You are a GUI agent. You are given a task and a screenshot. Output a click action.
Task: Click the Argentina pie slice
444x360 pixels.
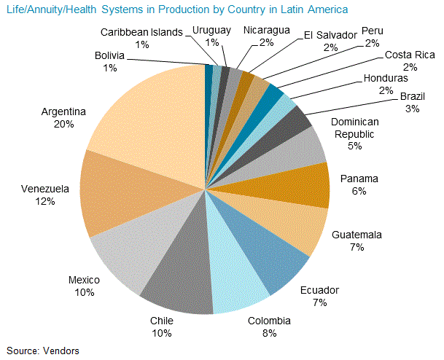146,117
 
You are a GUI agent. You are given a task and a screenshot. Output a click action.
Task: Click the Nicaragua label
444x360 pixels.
266,31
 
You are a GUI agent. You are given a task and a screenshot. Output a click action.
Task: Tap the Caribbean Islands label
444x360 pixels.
142,33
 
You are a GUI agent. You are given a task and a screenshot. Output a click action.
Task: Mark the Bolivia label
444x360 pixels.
109,56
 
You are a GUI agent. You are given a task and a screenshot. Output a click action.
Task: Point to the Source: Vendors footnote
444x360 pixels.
43,350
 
